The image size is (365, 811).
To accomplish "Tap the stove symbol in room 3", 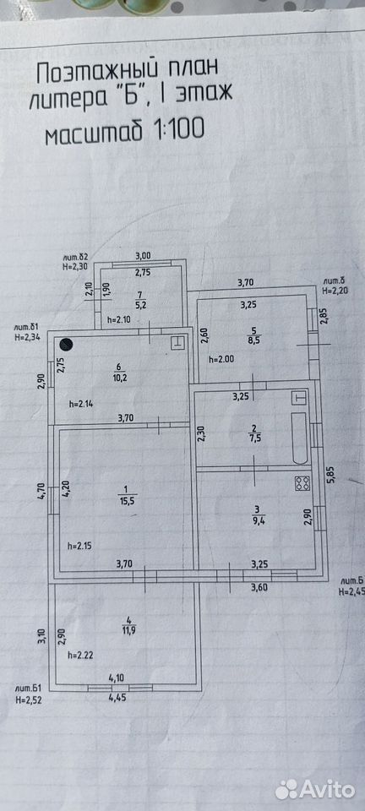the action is [302, 483].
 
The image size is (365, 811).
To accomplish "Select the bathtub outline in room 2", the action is [300, 438].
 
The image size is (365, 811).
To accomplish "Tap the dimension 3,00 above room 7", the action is [143, 255].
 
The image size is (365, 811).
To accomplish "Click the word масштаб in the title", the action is [94, 134].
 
